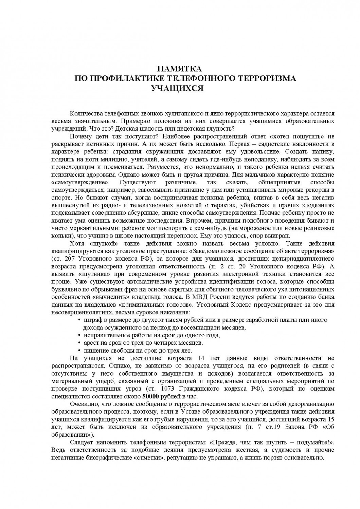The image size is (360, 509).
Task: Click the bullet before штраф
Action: [x=79, y=320]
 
